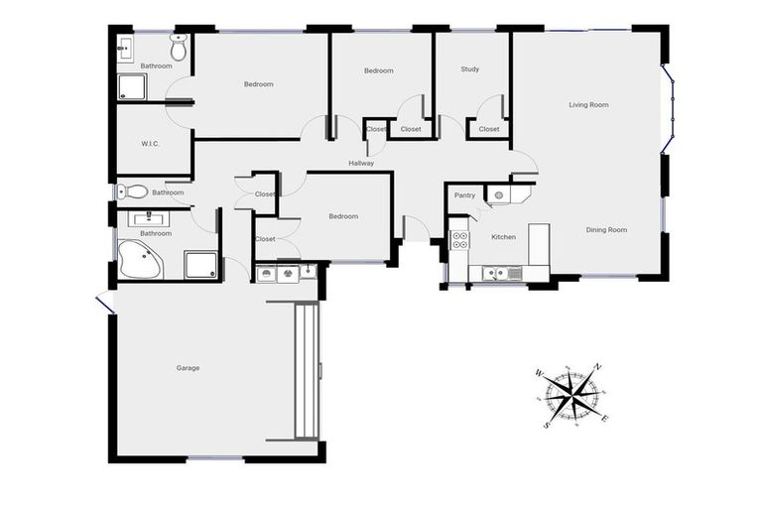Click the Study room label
[470, 69]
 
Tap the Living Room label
[588, 104]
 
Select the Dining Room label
[606, 230]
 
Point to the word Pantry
[464, 195]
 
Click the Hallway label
[361, 163]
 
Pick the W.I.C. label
[151, 144]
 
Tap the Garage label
[189, 368]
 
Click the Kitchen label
[504, 237]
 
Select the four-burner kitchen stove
[460, 239]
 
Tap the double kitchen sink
[493, 273]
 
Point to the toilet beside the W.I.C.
[137, 191]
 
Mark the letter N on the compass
[597, 367]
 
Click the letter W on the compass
[539, 374]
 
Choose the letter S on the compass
[547, 425]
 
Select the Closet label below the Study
[489, 129]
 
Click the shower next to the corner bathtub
[201, 263]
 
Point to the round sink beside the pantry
[499, 193]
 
